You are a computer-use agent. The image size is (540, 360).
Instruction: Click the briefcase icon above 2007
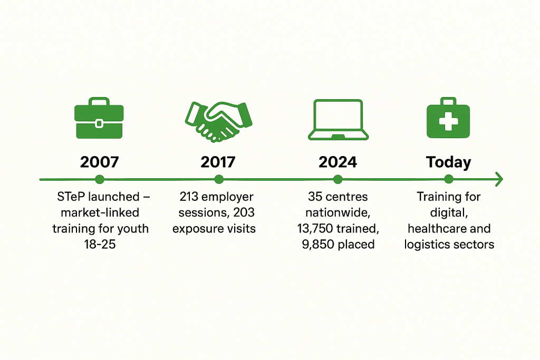(99, 118)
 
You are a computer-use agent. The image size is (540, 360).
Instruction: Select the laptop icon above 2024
(338, 120)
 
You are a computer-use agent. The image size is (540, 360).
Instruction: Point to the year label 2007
(100, 162)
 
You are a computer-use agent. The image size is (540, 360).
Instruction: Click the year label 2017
(218, 162)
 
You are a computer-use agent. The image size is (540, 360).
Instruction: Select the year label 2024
(338, 162)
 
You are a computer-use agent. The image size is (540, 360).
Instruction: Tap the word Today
(448, 162)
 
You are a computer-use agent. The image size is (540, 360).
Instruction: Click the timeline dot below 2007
(100, 179)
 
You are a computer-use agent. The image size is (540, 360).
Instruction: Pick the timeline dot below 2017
(219, 179)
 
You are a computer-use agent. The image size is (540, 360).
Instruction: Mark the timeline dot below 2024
(338, 179)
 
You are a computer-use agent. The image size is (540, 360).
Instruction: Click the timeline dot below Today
(448, 179)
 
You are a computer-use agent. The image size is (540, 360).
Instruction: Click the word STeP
(71, 197)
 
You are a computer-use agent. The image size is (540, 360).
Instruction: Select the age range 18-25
(100, 245)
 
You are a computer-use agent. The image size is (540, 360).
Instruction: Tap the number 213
(189, 197)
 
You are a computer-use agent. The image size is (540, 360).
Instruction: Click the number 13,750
(315, 229)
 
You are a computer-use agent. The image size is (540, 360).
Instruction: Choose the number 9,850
(318, 245)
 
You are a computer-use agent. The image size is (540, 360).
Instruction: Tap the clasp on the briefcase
(99, 123)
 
